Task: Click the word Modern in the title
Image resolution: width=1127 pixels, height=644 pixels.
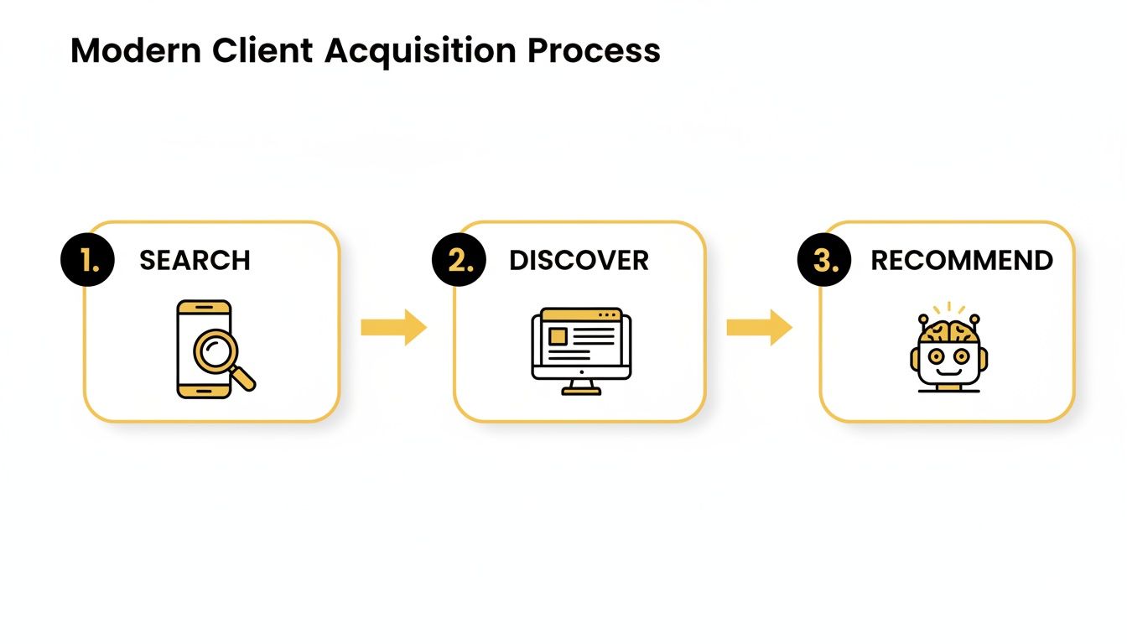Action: click(x=136, y=52)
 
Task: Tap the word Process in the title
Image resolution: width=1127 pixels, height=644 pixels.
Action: click(x=594, y=52)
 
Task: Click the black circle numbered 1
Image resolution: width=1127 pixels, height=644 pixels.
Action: click(x=88, y=260)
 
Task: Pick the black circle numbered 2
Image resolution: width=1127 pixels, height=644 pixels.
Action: click(x=459, y=260)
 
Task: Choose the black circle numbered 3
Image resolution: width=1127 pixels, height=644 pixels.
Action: click(x=823, y=260)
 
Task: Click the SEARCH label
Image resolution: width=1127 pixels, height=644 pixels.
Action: click(x=195, y=260)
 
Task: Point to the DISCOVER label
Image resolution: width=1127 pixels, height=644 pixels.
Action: click(x=579, y=260)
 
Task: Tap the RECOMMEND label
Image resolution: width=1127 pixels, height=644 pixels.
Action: click(x=962, y=260)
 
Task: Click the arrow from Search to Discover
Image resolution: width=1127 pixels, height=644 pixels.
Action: click(x=393, y=327)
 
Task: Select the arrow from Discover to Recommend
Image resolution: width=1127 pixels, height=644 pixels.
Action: click(x=759, y=327)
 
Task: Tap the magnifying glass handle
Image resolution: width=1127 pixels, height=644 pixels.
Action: click(x=244, y=380)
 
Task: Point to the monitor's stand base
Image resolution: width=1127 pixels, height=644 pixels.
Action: click(x=581, y=391)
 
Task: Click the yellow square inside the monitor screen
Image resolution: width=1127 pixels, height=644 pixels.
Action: click(x=557, y=336)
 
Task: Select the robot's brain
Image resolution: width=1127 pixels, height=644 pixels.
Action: click(x=948, y=330)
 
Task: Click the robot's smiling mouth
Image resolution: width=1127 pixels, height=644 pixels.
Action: click(x=948, y=370)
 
